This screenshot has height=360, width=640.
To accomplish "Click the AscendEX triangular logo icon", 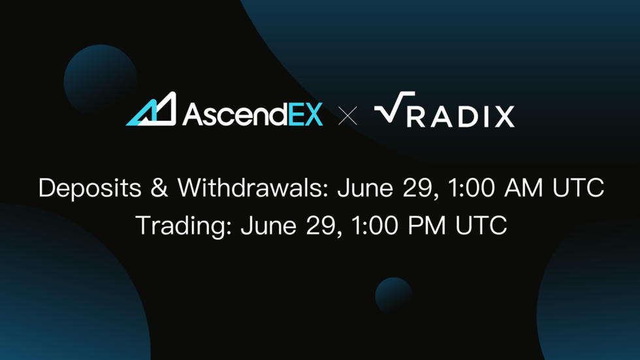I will pyautogui.click(x=152, y=110).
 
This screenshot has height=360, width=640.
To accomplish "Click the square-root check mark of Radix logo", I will pyautogui.click(x=394, y=108).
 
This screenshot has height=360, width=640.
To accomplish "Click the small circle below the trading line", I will pyautogui.click(x=393, y=295).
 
